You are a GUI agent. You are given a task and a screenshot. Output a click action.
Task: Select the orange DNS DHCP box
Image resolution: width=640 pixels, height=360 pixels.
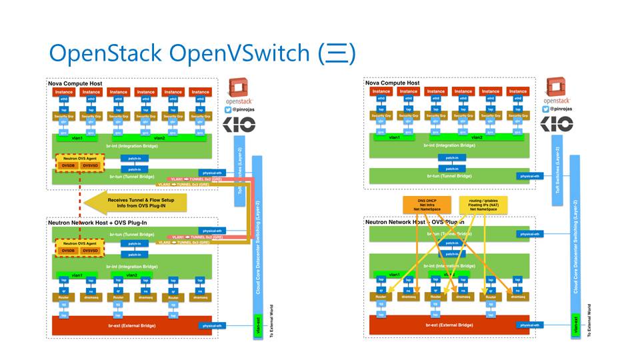coord(421,204)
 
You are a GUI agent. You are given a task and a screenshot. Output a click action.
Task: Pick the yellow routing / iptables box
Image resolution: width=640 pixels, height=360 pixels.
coord(483,204)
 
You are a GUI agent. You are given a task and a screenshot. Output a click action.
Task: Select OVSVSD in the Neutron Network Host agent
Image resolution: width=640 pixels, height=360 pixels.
coord(91,251)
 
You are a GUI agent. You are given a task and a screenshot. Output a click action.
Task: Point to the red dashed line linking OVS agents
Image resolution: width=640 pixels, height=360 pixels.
coord(79,200)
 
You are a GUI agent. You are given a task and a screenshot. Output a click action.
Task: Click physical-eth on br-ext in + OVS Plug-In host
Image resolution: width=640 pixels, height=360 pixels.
coord(213,325)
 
